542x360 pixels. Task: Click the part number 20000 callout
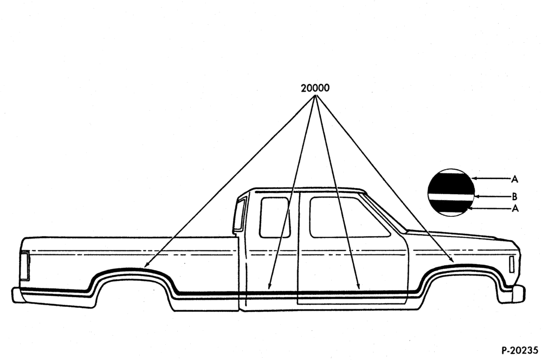click(x=315, y=88)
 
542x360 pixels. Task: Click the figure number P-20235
click(x=520, y=350)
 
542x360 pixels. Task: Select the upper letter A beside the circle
click(x=515, y=179)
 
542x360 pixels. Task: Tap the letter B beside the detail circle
click(x=514, y=197)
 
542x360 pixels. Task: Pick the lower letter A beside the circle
click(x=515, y=209)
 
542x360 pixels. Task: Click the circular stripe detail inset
click(x=451, y=192)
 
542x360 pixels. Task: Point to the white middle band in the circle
click(x=451, y=197)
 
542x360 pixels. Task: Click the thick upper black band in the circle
click(x=451, y=183)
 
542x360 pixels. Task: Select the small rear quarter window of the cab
click(x=275, y=217)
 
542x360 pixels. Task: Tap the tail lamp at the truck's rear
click(x=24, y=266)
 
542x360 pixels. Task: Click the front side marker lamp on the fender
click(x=512, y=264)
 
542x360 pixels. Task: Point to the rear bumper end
click(x=17, y=294)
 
